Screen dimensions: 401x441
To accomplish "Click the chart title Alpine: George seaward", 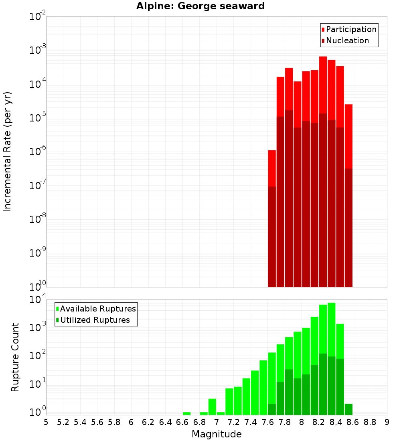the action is (200, 6).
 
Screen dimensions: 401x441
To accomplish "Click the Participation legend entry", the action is (349, 29).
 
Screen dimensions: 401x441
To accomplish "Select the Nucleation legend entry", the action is (345, 40).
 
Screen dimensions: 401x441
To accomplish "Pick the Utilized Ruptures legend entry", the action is (92, 320).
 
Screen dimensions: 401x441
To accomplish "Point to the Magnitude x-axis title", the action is (217, 434).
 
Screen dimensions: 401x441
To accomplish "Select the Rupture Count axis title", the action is (15, 357).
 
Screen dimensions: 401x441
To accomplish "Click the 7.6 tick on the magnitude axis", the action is (267, 422).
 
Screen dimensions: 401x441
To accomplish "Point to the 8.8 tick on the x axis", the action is (370, 422).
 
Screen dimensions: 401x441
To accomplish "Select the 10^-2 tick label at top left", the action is (38, 17).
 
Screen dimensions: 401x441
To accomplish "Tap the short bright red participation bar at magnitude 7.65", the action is (272, 168).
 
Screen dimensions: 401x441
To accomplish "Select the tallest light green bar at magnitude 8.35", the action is (332, 329).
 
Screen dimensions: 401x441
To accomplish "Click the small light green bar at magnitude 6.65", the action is (186, 413).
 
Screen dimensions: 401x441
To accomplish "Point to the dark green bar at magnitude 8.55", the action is (348, 409).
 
